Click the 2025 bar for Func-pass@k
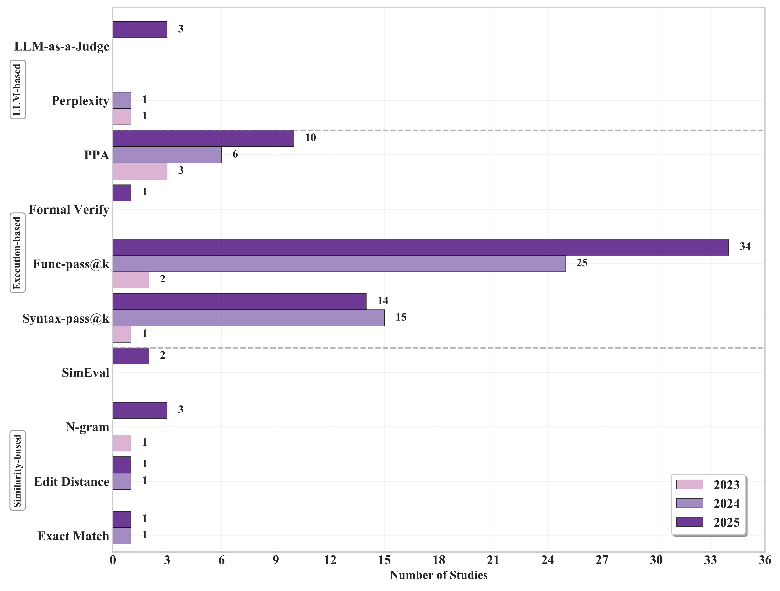coord(420,247)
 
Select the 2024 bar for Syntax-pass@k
coord(249,318)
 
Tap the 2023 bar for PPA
coord(140,171)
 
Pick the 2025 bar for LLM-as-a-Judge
coord(140,30)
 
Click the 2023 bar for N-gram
coord(122,443)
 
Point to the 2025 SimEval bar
coord(131,356)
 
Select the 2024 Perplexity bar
coord(122,100)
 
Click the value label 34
coord(745,246)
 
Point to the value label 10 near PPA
coord(310,138)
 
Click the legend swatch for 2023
coord(689,484)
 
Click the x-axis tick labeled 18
coord(439,560)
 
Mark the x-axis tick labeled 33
coord(710,560)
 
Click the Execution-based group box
coord(17,253)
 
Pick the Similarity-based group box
coord(17,471)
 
